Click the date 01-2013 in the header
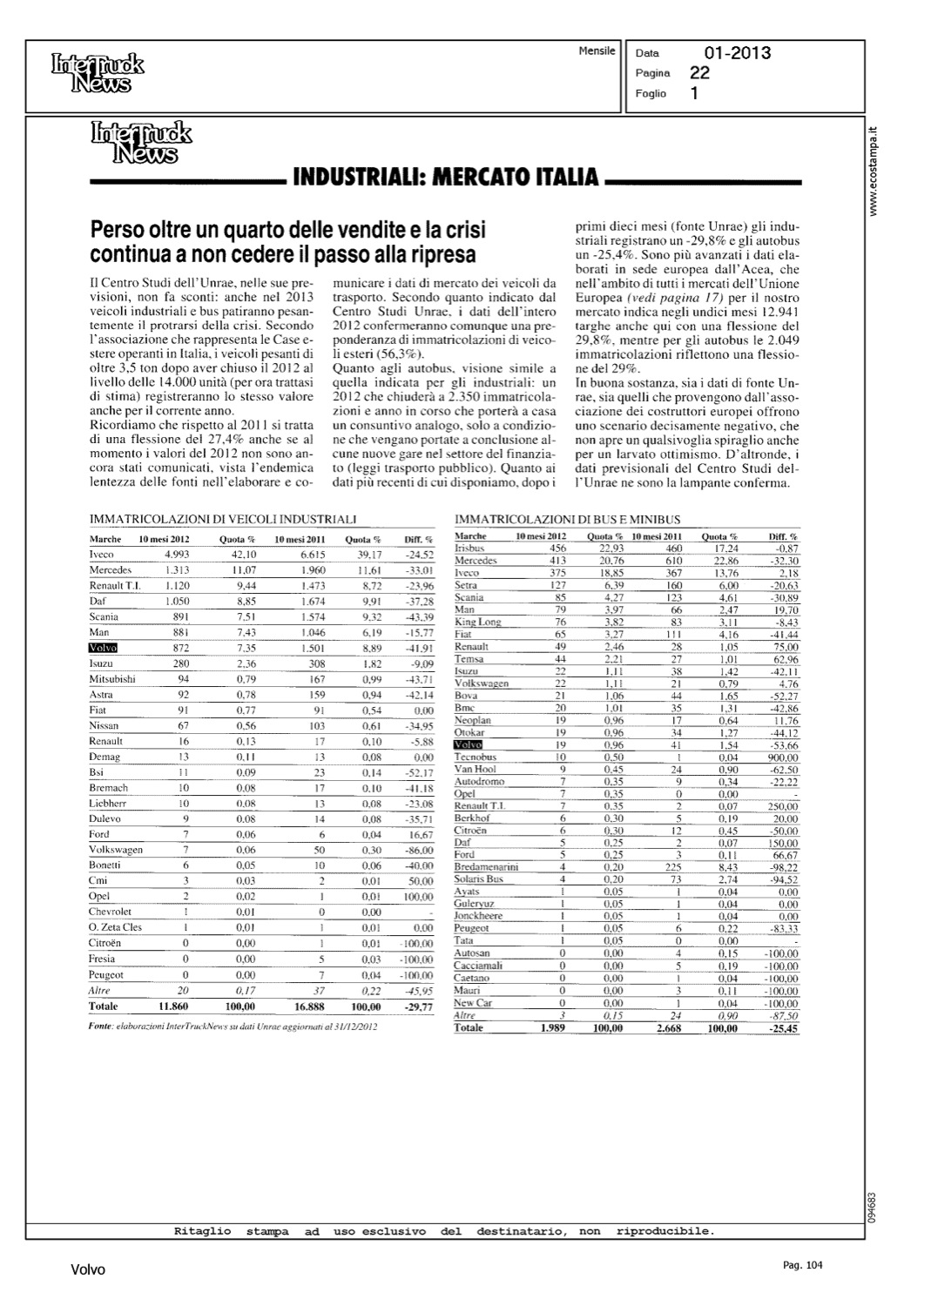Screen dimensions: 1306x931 coord(737,53)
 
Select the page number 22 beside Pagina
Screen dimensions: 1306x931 coord(698,73)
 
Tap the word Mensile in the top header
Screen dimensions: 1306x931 coord(597,51)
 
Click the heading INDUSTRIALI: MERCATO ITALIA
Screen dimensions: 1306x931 coord(446,178)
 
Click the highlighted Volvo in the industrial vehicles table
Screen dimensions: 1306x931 coord(104,648)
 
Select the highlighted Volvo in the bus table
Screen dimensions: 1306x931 coord(468,745)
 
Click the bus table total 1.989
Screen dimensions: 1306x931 coord(553,1028)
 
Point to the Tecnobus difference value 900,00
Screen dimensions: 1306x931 coord(781,757)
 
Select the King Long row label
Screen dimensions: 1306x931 coord(478,622)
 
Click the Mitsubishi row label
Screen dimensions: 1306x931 coord(113,679)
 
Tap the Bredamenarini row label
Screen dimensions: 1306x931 coord(486,867)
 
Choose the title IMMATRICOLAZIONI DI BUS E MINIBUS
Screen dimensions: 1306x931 coord(568,519)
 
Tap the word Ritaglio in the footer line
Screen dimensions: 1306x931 coord(203,1231)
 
